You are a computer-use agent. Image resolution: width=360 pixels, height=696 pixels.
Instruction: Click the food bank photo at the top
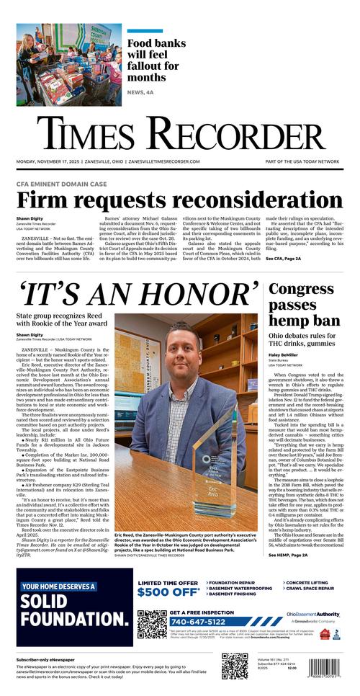(69, 64)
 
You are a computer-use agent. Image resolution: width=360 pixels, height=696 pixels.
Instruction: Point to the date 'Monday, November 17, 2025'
(48, 161)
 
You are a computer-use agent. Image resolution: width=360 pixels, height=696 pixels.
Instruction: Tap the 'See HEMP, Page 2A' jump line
(288, 555)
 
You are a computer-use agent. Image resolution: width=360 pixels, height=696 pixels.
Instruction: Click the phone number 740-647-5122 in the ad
(198, 622)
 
